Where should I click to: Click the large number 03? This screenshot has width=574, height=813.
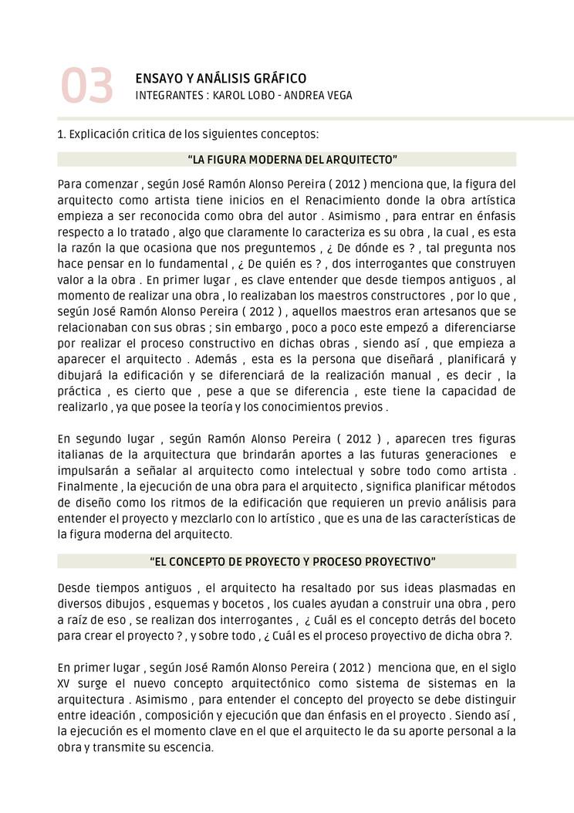coord(87,86)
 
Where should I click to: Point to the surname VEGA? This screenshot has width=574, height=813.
coord(336,96)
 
